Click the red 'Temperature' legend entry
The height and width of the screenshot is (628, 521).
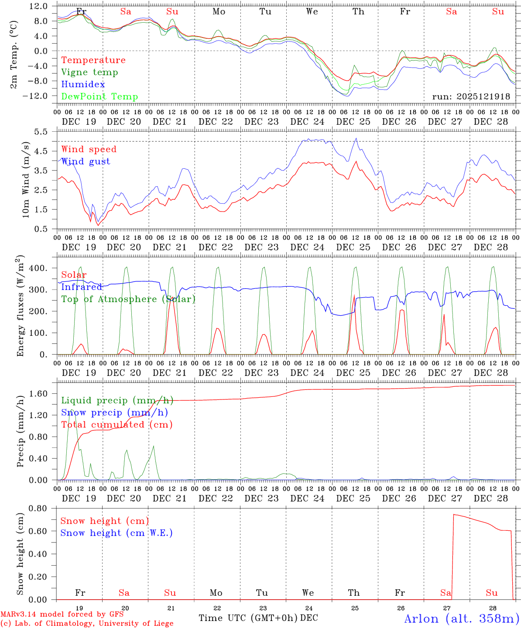(x=93, y=60)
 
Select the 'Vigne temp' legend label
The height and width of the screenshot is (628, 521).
(x=89, y=72)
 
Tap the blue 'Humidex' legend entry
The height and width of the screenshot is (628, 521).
(x=83, y=85)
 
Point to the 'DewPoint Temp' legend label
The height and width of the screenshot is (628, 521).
(x=99, y=97)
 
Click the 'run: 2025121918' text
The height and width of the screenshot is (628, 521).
(x=471, y=97)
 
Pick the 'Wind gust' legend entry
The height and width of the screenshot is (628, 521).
(x=86, y=161)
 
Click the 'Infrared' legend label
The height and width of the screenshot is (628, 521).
(x=82, y=287)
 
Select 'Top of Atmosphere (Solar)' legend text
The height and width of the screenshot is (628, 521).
(x=128, y=299)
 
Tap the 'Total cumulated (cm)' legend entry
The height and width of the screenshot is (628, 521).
(x=117, y=424)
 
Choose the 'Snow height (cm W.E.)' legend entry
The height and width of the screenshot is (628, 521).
(x=117, y=533)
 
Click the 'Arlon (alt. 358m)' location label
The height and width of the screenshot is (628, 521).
(x=462, y=619)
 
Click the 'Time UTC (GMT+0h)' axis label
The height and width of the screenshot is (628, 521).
(x=248, y=618)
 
